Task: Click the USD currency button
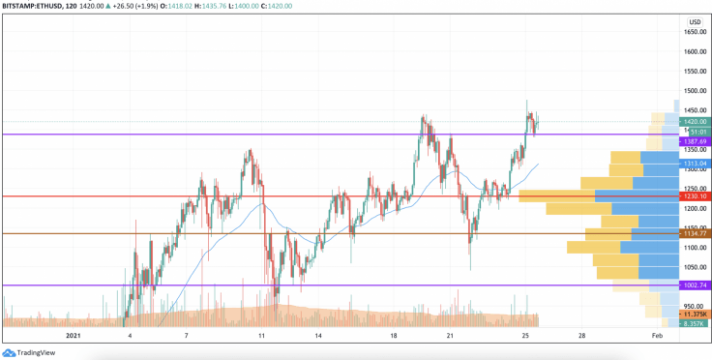click(695, 22)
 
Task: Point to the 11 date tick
click(262, 335)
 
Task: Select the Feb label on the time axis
click(657, 335)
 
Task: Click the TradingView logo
click(29, 352)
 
